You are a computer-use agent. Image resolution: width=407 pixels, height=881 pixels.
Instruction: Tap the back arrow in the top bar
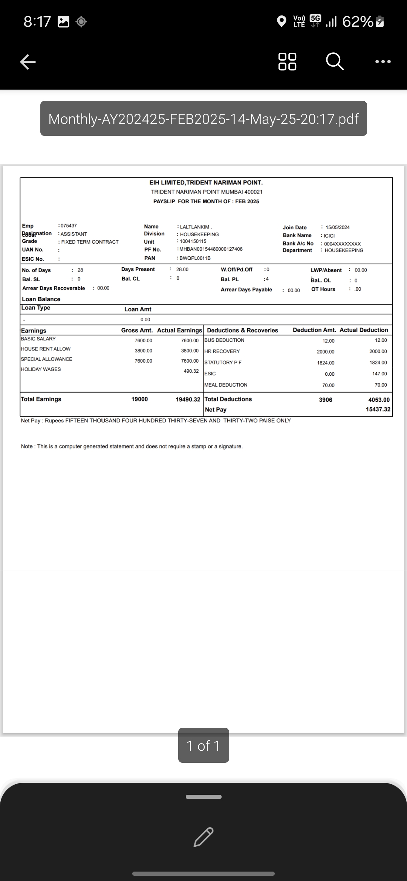(x=28, y=62)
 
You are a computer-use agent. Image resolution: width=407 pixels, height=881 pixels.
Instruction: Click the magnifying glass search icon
(x=335, y=61)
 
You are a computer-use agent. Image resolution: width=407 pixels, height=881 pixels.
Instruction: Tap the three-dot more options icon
(x=383, y=61)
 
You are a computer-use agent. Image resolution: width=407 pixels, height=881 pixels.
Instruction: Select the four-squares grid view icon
(x=287, y=61)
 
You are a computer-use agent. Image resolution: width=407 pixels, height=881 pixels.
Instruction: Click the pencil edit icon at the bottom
(x=203, y=837)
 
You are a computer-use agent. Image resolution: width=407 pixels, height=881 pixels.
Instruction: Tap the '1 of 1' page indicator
(x=203, y=745)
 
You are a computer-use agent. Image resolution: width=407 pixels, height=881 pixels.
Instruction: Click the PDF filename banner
(x=203, y=119)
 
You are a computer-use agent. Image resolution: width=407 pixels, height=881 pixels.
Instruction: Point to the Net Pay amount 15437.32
(x=378, y=409)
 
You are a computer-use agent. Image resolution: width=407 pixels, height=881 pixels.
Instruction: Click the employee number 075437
(x=69, y=226)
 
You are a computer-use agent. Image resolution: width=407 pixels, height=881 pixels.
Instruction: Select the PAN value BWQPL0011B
(x=195, y=258)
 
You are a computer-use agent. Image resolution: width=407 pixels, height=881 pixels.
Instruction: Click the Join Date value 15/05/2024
(x=337, y=227)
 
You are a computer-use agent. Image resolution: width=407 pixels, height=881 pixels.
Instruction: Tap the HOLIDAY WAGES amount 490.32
(x=191, y=371)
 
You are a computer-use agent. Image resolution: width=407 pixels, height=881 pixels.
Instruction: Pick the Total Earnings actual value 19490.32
(x=188, y=399)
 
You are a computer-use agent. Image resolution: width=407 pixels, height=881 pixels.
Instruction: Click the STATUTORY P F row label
(x=223, y=363)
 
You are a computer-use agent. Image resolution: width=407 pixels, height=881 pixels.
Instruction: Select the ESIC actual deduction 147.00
(x=379, y=374)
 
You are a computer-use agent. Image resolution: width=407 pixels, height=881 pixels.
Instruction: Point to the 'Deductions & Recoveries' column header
(x=242, y=330)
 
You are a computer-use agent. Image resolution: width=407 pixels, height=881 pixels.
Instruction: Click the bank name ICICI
(x=329, y=236)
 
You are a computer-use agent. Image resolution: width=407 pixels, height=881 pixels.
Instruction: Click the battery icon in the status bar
(x=380, y=21)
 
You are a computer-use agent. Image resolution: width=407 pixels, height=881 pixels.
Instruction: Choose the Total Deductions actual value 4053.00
(x=379, y=400)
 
